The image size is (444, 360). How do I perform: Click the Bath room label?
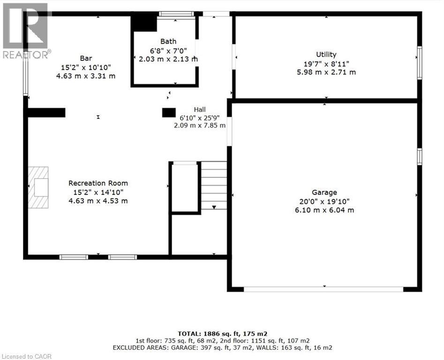tap(168, 41)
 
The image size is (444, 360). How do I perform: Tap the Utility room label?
tap(326, 54)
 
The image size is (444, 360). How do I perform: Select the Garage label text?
tap(324, 193)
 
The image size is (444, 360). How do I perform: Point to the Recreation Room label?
tap(98, 183)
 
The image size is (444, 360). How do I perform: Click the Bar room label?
tap(86, 58)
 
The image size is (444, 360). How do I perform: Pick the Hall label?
tap(200, 110)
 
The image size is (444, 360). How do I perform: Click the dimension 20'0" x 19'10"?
tap(324, 202)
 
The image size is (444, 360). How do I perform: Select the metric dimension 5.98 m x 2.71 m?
tap(326, 72)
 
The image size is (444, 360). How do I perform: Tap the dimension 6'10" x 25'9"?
tap(200, 118)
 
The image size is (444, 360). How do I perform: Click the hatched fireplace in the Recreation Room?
tap(38, 187)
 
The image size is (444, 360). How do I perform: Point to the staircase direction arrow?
tap(214, 207)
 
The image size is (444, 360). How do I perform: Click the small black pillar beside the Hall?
tap(169, 112)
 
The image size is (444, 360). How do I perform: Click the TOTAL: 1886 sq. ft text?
tap(223, 334)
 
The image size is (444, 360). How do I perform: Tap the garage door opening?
tap(324, 289)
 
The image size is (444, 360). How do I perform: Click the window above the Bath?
tap(176, 14)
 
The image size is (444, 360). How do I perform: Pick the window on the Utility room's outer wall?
tap(420, 63)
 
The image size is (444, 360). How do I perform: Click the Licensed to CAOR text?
tap(26, 356)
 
